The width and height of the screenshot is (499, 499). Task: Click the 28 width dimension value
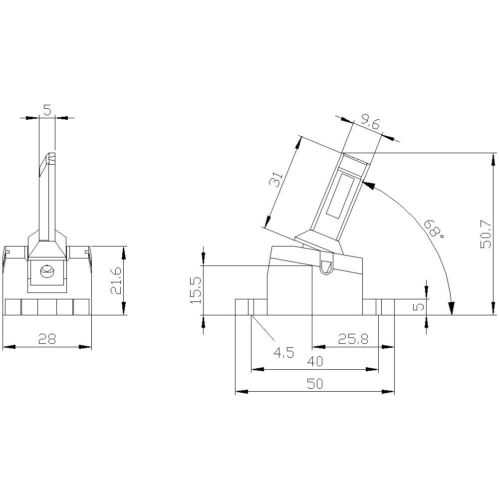pos(47,339)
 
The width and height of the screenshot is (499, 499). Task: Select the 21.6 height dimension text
pos(115,280)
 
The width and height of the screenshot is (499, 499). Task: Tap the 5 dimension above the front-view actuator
pos(47,110)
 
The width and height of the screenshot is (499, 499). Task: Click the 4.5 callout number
pos(283,353)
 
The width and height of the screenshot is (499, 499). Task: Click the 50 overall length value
pos(315,384)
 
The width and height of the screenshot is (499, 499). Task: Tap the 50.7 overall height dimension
pos(485,235)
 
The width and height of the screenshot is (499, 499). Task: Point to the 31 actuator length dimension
pos(276,178)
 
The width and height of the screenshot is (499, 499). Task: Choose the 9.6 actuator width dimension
pos(371,121)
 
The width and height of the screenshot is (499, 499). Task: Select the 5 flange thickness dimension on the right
pos(420,305)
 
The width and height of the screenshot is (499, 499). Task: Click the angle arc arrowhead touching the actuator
pos(368,185)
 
